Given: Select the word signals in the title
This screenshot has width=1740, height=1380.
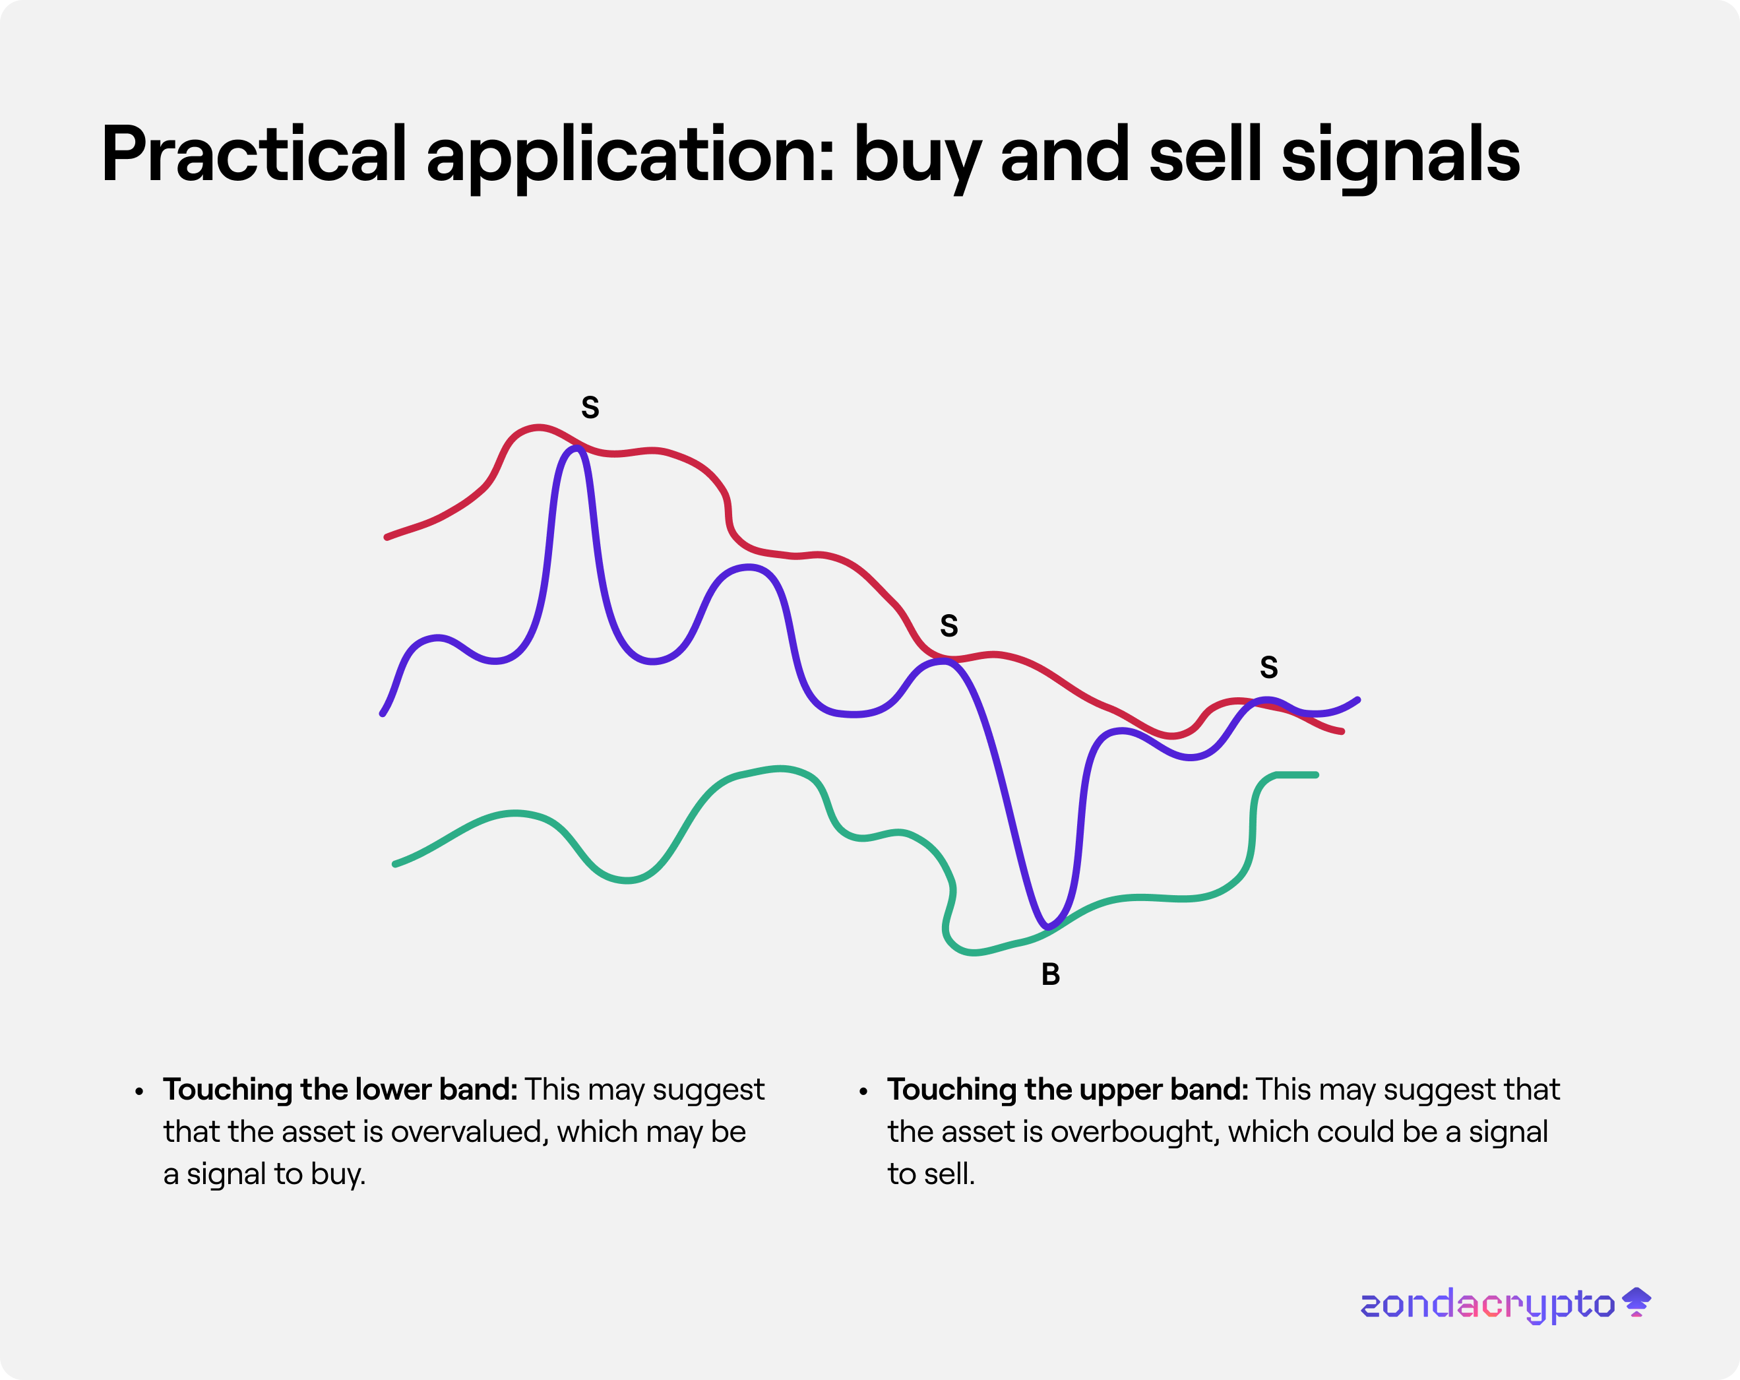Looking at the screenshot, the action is pyautogui.click(x=1400, y=158).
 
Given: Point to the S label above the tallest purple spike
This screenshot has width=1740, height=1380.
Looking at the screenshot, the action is pyautogui.click(x=590, y=408).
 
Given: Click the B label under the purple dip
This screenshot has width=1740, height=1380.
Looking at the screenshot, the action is pyautogui.click(x=1050, y=974).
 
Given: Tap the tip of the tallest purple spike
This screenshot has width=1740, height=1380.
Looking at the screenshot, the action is pyautogui.click(x=576, y=448).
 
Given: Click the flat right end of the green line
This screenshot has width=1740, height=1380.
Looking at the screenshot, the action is pyautogui.click(x=1317, y=774).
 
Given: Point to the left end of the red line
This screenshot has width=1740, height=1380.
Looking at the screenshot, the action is pyautogui.click(x=387, y=537).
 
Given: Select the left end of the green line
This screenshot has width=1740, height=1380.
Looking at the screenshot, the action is pyautogui.click(x=394, y=863).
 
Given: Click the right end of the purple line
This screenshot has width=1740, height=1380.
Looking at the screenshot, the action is pyautogui.click(x=1358, y=700).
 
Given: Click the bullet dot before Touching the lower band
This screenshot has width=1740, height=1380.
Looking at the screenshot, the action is pyautogui.click(x=140, y=1092).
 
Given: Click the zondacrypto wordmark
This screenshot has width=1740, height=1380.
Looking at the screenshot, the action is pyautogui.click(x=1487, y=1305).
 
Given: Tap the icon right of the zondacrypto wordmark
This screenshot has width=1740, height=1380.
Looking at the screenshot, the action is pyautogui.click(x=1636, y=1302).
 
